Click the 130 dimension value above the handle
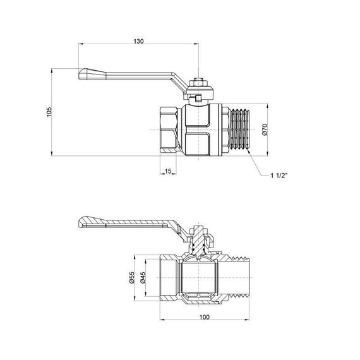139,40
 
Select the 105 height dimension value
49,112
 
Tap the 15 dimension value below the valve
168,172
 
